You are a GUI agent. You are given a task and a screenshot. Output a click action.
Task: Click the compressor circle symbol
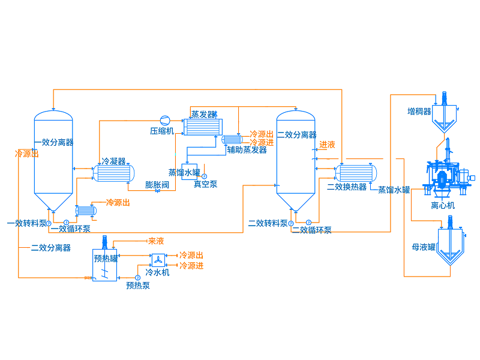[x=165, y=121]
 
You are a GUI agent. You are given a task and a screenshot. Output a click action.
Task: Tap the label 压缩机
[x=162, y=131]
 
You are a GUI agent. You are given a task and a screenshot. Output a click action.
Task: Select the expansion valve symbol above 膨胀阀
[x=157, y=191]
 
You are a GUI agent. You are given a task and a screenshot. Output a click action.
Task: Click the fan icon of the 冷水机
[x=158, y=260]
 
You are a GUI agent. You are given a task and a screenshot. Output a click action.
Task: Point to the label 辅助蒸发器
[x=247, y=150]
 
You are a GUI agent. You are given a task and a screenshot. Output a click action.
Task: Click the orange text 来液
[x=156, y=241]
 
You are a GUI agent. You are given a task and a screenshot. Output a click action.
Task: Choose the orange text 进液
[x=327, y=145]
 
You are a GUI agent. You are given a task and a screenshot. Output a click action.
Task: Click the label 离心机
[x=443, y=205]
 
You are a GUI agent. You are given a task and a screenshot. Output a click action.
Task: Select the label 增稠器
[x=419, y=112]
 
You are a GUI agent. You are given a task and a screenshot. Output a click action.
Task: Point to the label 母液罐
[x=424, y=247]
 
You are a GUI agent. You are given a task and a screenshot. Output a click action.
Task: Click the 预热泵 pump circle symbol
[x=138, y=278]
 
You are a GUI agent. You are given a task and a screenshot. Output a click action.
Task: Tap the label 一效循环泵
[x=71, y=229]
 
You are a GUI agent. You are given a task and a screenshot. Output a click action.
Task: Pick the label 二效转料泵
[x=268, y=223]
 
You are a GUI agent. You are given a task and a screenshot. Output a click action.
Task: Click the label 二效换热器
[x=347, y=187]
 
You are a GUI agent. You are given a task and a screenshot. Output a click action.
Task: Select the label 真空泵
[x=206, y=184]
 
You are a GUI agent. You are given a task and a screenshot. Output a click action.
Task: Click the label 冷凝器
[x=113, y=161]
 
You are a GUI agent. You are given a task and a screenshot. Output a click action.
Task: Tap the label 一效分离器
[x=54, y=142]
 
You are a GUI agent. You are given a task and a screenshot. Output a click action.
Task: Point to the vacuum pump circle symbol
[x=204, y=176]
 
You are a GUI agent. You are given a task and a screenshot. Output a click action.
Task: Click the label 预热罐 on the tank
[x=106, y=259]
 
